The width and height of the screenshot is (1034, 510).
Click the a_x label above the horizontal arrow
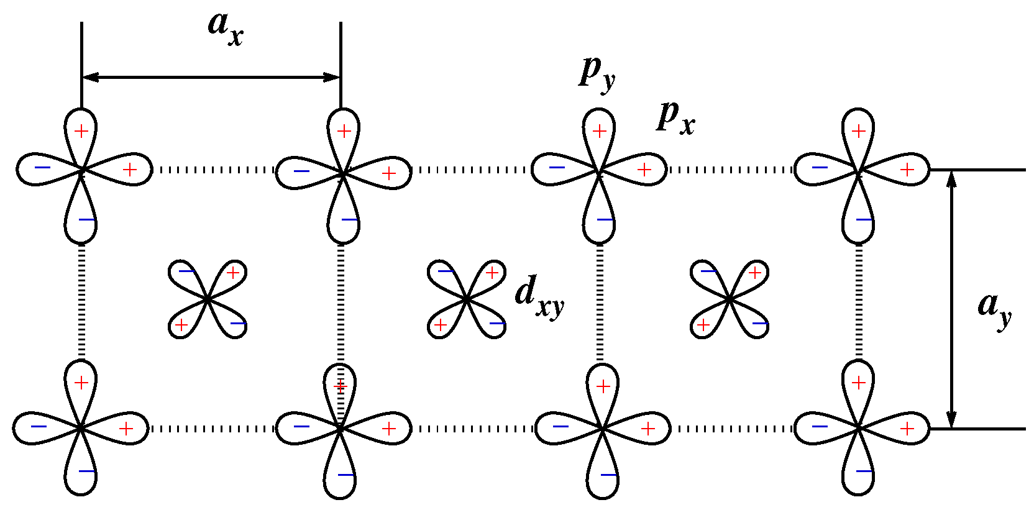(x=225, y=29)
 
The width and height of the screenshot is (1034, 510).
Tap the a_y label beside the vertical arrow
(x=994, y=307)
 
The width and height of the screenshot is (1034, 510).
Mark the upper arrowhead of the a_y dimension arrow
(x=951, y=178)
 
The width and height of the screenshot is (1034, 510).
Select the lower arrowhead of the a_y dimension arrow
(x=951, y=419)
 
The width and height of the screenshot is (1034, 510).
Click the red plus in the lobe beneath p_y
(x=599, y=131)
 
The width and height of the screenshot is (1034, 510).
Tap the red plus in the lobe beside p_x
(x=644, y=169)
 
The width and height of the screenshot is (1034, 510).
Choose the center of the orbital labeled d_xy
(x=466, y=300)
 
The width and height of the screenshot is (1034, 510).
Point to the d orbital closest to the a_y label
(x=730, y=300)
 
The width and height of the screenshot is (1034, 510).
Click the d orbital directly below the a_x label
(x=208, y=300)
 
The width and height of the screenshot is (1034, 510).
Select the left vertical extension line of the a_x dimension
(x=81, y=62)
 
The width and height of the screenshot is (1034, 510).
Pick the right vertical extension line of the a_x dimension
(x=341, y=62)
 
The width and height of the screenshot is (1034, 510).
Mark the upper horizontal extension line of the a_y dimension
(x=982, y=170)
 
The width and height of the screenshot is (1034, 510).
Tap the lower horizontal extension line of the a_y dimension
(x=982, y=429)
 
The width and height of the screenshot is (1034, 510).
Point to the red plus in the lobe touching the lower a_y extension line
(x=907, y=429)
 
